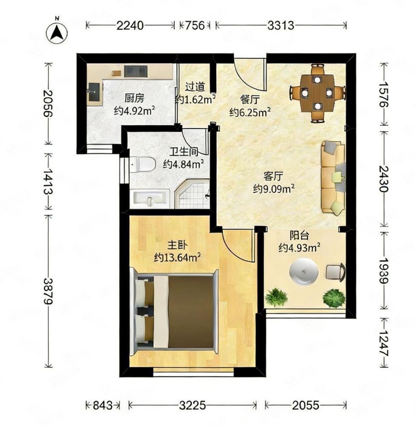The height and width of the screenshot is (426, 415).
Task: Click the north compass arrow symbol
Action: tap(57, 32)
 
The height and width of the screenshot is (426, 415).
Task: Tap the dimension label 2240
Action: tap(130, 26)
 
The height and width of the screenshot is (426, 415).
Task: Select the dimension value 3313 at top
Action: tap(281, 26)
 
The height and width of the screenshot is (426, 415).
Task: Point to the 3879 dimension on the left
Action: tap(49, 291)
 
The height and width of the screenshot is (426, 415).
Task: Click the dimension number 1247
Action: tap(384, 343)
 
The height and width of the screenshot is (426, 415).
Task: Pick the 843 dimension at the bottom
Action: tap(102, 406)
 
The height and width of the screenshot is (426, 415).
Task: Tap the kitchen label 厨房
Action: tap(134, 98)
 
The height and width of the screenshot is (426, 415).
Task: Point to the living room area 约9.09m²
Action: tap(274, 188)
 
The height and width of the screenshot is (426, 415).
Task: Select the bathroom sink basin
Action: tap(150, 197)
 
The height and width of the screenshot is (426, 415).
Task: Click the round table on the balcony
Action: tap(304, 271)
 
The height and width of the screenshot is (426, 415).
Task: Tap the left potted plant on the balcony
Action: tap(276, 297)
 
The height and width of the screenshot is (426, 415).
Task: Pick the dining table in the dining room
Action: tap(317, 93)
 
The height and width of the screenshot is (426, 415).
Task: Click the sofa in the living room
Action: tap(334, 177)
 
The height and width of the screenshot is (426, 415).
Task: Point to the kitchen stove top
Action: tap(135, 72)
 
